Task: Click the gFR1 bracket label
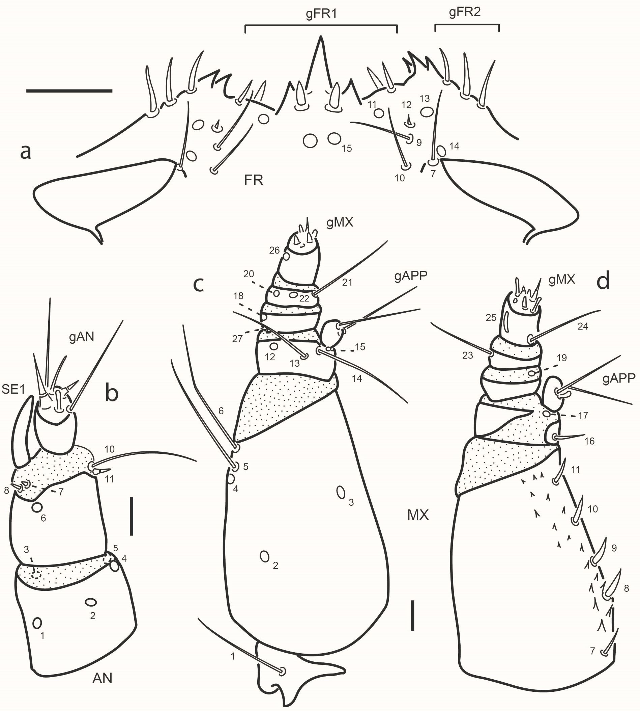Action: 321,15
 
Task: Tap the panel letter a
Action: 25,152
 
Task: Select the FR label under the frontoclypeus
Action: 254,181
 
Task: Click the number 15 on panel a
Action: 347,148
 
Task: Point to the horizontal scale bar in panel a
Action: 69,91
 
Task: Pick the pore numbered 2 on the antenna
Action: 91,603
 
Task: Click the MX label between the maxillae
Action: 418,515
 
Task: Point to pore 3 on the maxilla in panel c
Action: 340,492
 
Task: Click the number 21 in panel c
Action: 347,282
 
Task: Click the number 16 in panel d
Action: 589,441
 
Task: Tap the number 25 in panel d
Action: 491,317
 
